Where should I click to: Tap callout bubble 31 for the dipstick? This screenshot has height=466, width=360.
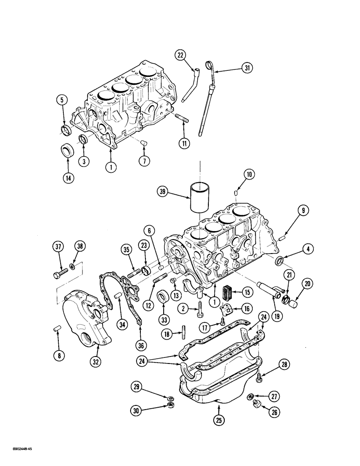pyautogui.click(x=247, y=69)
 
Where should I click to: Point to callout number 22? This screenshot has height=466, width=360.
pyautogui.click(x=180, y=55)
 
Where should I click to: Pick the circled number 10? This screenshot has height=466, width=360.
pyautogui.click(x=249, y=175)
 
